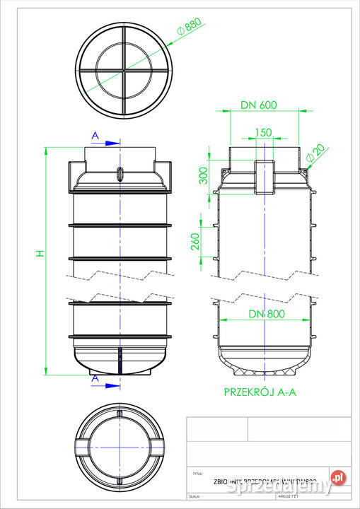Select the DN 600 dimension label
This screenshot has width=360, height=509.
point(257,105)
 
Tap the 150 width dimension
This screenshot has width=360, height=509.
point(263,132)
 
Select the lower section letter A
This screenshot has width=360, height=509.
point(94,379)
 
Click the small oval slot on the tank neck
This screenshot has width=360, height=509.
point(120,174)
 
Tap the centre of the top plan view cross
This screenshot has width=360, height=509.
point(124,71)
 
